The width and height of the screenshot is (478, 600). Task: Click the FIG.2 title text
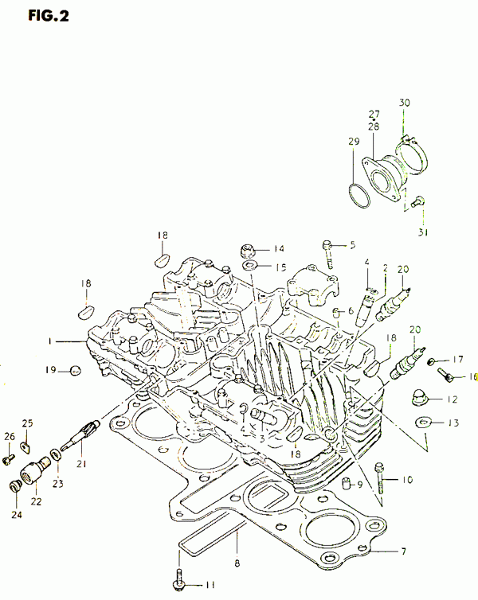pos(49,16)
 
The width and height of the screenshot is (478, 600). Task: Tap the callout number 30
pos(404,103)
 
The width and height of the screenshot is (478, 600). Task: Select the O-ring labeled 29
pos(359,196)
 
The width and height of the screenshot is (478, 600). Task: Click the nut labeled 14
pos(248,251)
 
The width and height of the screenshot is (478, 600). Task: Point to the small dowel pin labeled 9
pos(347,484)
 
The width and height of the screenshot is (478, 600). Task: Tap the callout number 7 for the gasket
pos(403,551)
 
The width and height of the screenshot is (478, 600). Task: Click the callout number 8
pos(237,563)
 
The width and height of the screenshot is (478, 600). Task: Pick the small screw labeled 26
pos(9,459)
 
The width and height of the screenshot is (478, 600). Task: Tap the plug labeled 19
pos(76,370)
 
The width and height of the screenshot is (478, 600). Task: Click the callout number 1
pos(49,341)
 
